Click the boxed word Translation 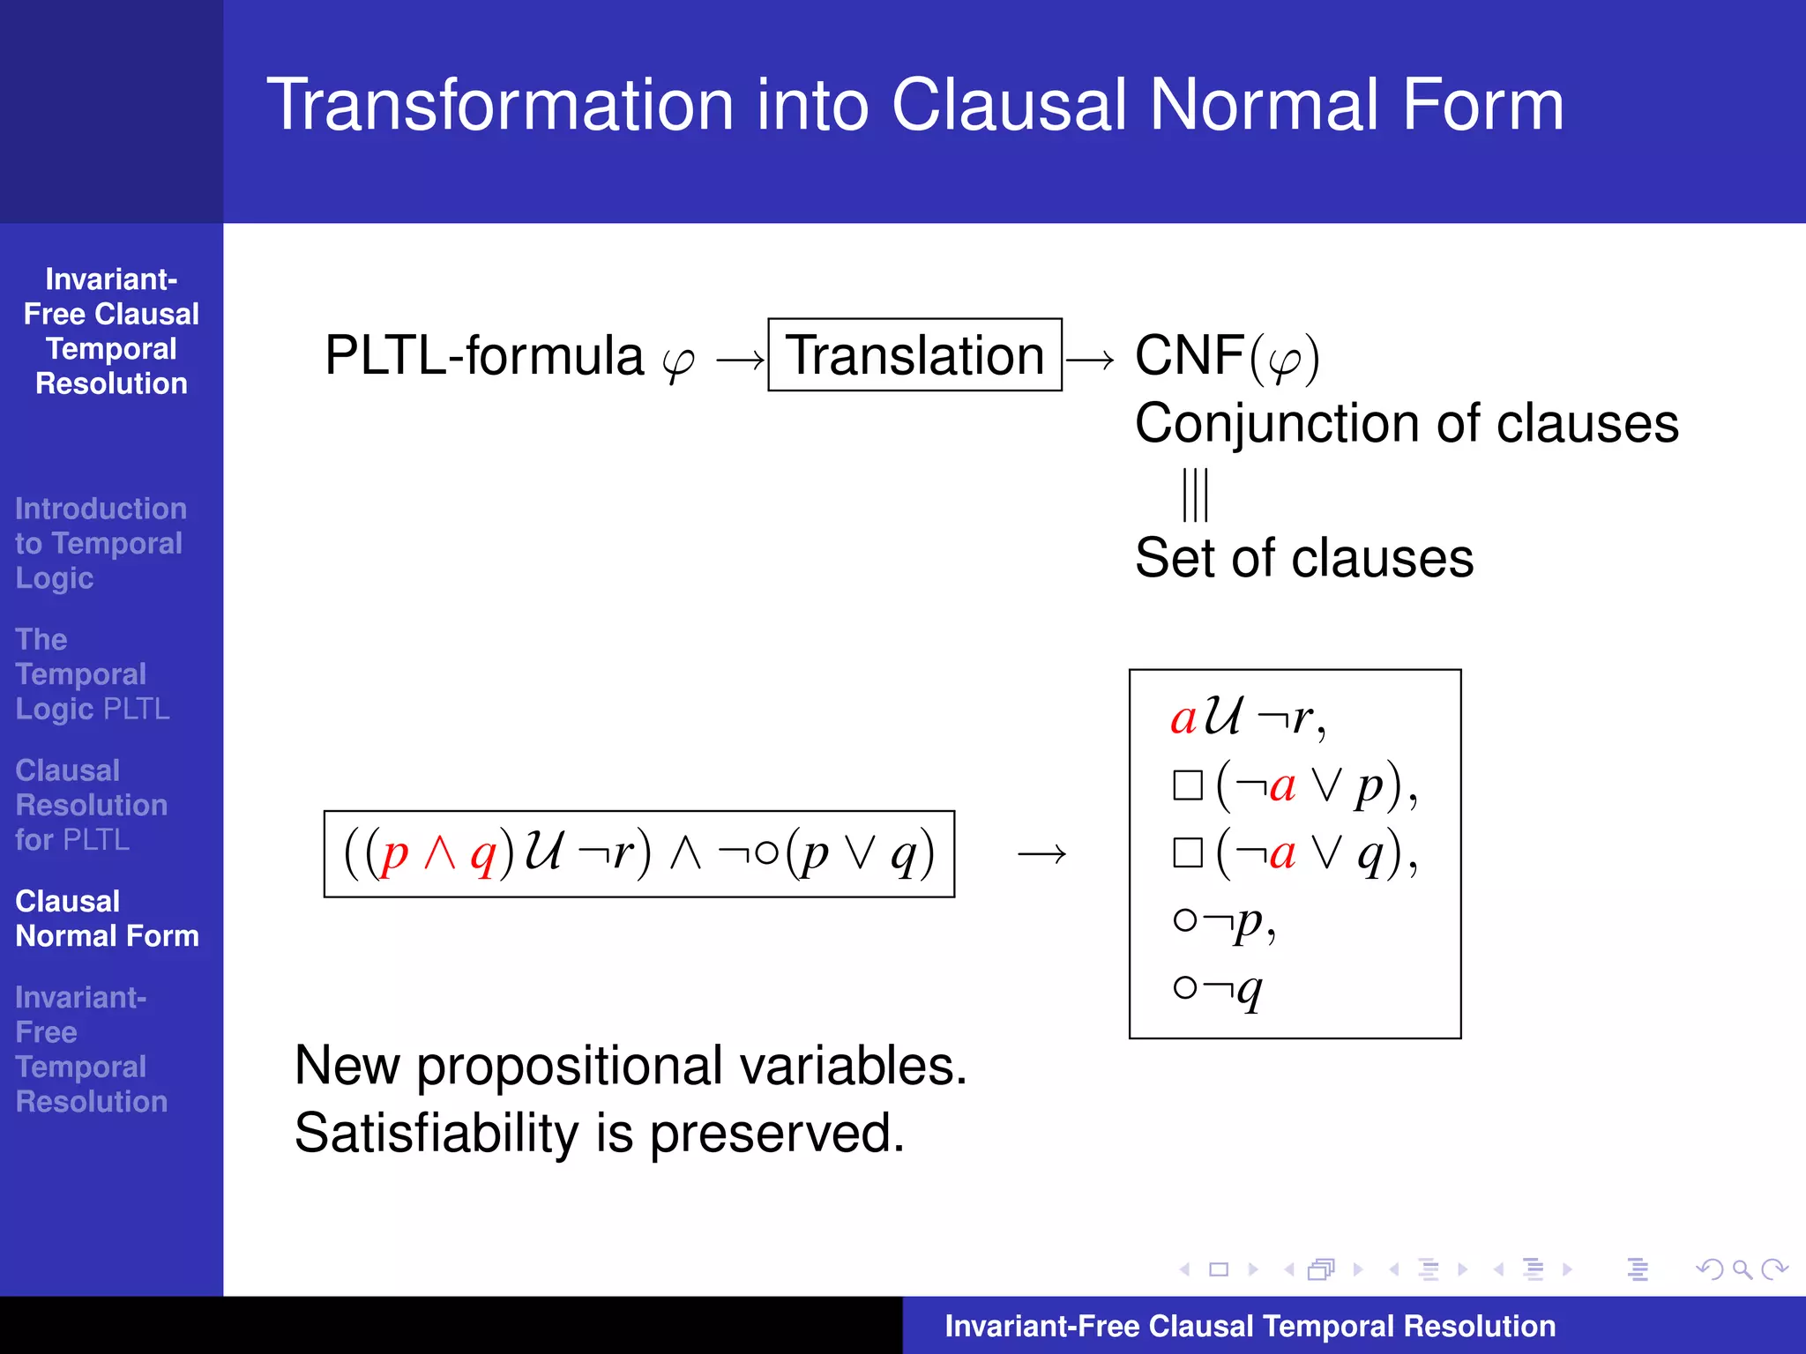tap(914, 355)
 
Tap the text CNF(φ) tap(1227, 357)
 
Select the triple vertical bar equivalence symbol tap(1195, 495)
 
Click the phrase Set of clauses tap(1303, 558)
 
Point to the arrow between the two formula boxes tap(1041, 853)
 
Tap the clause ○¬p tap(1224, 922)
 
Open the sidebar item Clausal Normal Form tap(107, 919)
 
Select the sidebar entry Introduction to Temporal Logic tap(100, 543)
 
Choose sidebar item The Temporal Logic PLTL tap(92, 674)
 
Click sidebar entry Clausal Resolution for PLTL tap(91, 805)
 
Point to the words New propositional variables tap(631, 1066)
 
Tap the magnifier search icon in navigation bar tap(1741, 1269)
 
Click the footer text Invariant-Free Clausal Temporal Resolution tap(1250, 1326)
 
